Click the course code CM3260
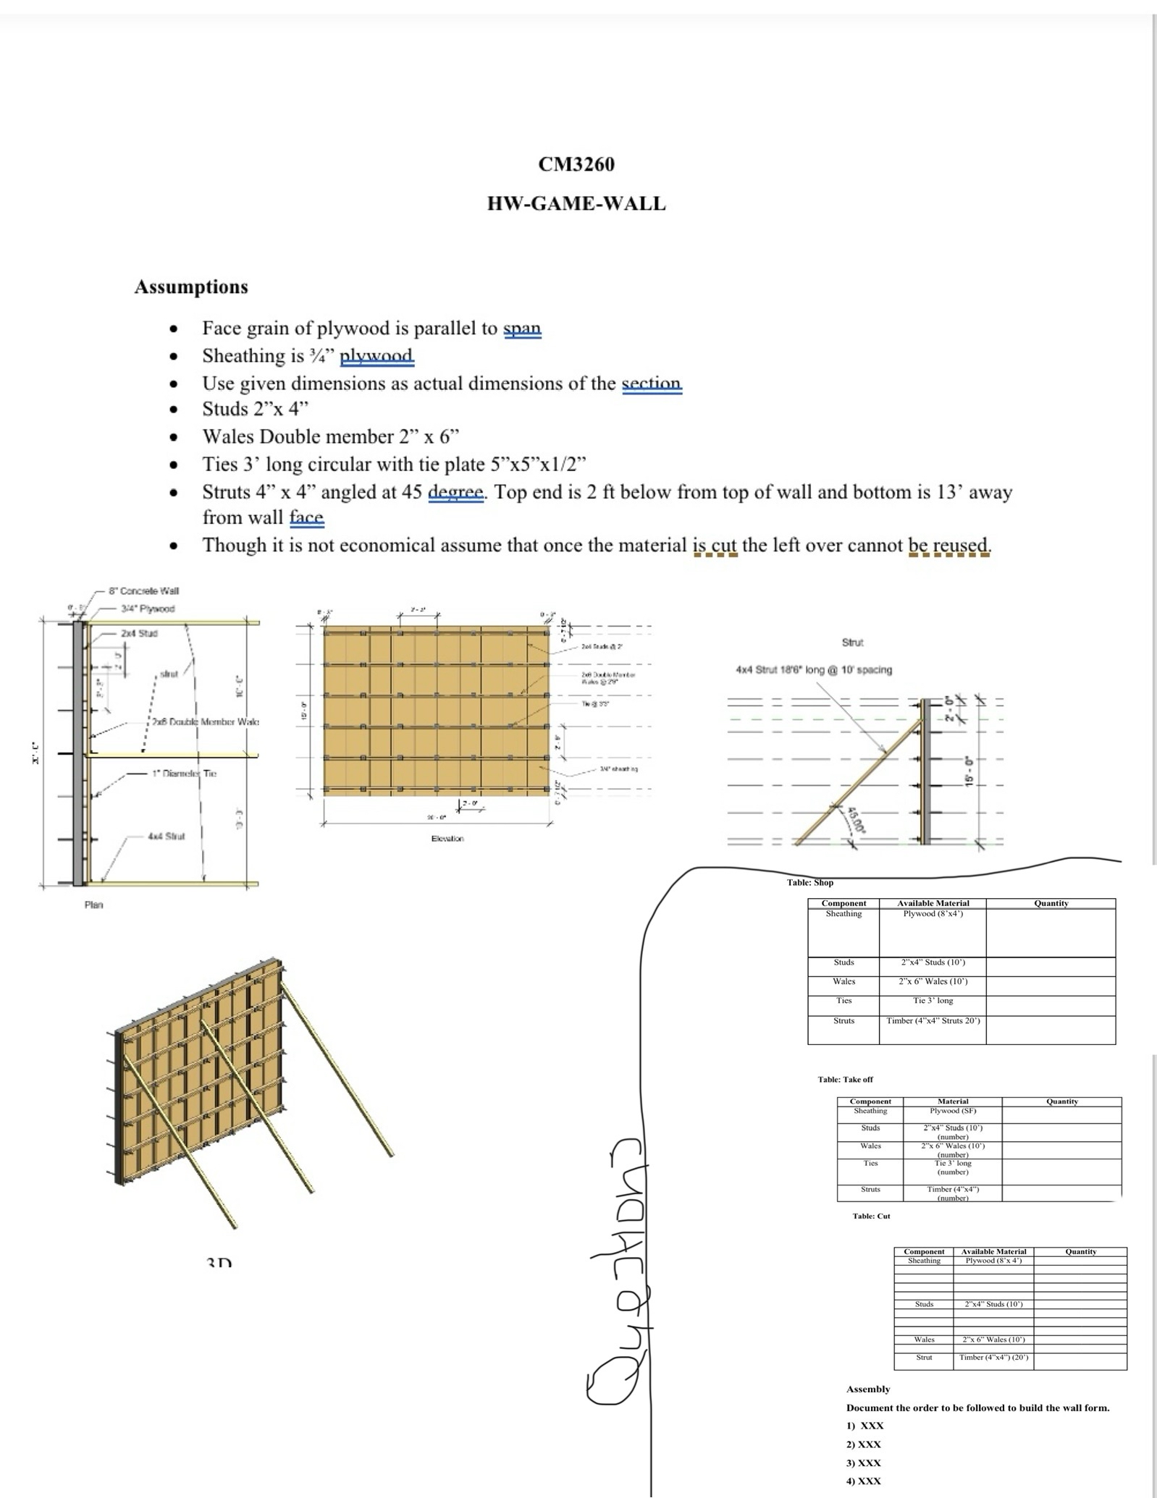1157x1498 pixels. [576, 164]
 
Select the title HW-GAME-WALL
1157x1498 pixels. [576, 203]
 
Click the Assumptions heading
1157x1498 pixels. [191, 287]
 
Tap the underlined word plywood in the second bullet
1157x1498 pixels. [376, 356]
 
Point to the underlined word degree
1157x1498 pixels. [455, 492]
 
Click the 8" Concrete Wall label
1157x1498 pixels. [144, 591]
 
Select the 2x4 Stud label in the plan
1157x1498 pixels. [139, 633]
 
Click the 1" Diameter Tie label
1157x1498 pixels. [184, 774]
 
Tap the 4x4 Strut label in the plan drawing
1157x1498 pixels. [166, 836]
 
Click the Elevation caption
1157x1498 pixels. [447, 839]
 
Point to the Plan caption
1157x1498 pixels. [93, 905]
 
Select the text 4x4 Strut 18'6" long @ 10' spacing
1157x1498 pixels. [814, 670]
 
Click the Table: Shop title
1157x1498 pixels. [810, 883]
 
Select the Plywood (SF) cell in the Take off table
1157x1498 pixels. [953, 1111]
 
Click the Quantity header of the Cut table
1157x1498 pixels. [1080, 1252]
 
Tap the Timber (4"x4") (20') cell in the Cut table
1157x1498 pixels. [993, 1358]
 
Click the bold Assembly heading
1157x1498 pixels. [868, 1389]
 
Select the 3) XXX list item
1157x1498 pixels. [864, 1463]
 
